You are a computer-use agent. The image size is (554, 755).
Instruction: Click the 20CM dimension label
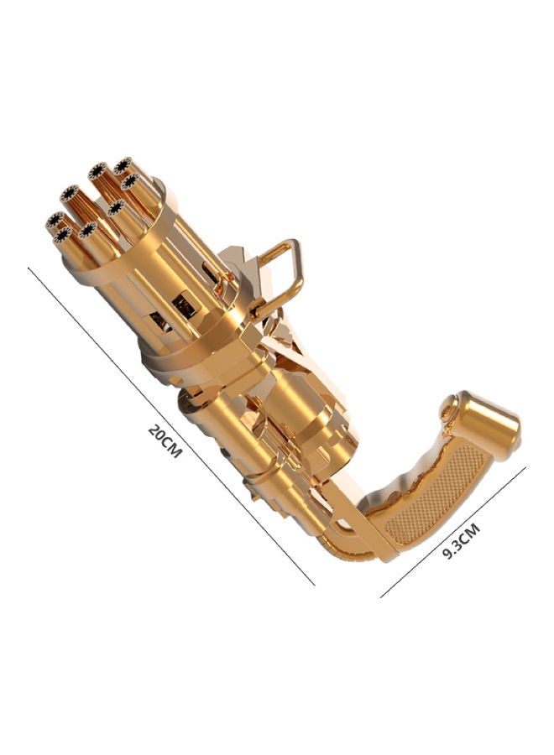click(165, 440)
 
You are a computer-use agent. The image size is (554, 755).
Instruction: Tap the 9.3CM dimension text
click(461, 541)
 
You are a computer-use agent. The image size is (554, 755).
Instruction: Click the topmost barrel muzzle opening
click(123, 165)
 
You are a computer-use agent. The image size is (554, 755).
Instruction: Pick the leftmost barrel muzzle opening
click(55, 220)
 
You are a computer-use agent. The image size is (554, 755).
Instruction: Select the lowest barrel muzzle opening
click(63, 235)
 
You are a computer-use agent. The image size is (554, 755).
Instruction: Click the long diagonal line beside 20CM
click(171, 427)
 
